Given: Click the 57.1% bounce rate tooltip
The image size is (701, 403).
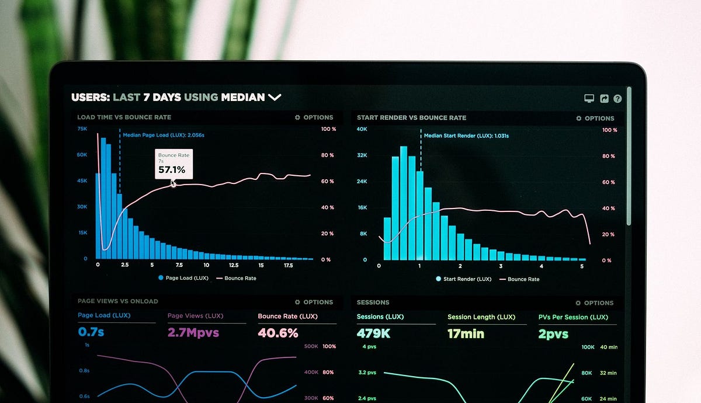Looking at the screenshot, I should pos(173,164).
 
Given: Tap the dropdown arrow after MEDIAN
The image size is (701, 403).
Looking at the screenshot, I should pos(275,98).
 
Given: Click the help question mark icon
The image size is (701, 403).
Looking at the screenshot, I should pos(617,99).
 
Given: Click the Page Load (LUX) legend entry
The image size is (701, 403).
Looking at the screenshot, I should pos(183,278).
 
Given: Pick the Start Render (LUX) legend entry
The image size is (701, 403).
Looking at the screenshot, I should pos(463,279).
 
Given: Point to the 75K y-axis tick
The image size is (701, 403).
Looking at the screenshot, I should pos(82,128).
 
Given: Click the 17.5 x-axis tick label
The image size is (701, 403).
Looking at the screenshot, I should pos(288,265).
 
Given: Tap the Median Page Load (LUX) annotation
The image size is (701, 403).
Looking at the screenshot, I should pos(163,135).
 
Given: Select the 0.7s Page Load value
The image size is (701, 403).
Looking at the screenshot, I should pos(91,332).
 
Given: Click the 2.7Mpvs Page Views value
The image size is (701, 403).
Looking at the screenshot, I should pos(193,333).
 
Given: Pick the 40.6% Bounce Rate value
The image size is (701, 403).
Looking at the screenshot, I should pos(278,333).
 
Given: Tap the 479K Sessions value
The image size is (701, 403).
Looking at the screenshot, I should pos(373,333).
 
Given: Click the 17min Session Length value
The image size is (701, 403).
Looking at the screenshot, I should pos(466,334).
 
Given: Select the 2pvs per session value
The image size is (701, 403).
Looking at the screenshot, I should pos(553,334).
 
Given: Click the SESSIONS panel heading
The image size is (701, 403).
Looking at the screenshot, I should pos(373,303).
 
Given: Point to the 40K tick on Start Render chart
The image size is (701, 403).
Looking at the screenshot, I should pos(362,129).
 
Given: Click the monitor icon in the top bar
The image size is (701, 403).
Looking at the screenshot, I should pos(589,99).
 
